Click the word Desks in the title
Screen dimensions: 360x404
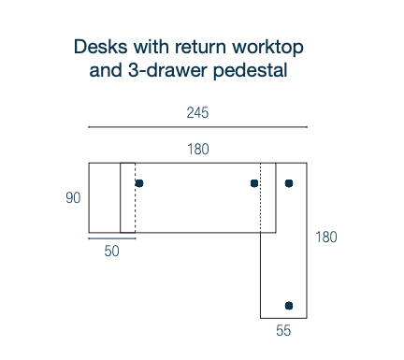point(98,46)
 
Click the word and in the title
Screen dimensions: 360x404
point(106,69)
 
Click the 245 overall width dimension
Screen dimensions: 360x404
point(197,113)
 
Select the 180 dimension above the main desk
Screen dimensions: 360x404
point(197,149)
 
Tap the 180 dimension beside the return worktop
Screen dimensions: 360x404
point(326,238)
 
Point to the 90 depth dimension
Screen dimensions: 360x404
point(73,198)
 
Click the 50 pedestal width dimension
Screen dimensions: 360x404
point(112,251)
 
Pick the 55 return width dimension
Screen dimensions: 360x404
point(283,330)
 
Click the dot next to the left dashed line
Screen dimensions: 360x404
point(139,183)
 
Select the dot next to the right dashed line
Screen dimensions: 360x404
point(254,183)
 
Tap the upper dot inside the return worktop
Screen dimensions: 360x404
point(289,183)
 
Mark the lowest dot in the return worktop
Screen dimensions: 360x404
point(289,306)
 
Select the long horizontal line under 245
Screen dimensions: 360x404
point(197,127)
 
